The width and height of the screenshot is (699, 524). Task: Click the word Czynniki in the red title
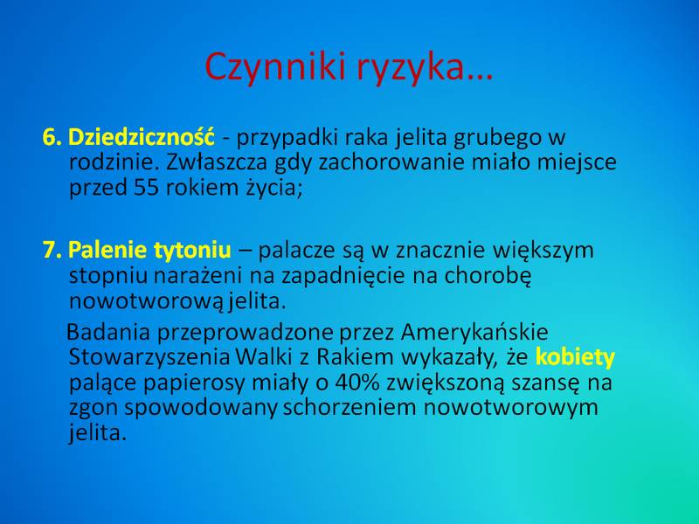click(x=275, y=67)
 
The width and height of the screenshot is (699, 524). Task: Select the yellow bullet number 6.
click(x=52, y=137)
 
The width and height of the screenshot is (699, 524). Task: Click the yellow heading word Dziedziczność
click(x=141, y=136)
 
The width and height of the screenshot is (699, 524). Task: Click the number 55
click(x=146, y=188)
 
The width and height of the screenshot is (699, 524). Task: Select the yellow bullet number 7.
click(x=52, y=250)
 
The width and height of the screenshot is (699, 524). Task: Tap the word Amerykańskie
click(x=474, y=332)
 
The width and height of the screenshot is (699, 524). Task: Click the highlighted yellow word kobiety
click(x=575, y=357)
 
